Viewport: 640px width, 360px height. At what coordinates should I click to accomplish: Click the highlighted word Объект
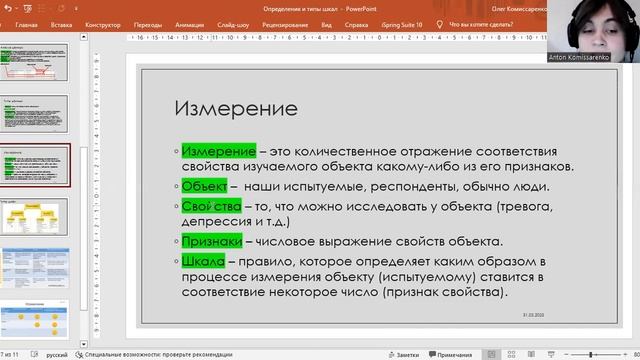tap(205, 185)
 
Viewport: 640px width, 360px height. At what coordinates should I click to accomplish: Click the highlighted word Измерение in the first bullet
tap(218, 150)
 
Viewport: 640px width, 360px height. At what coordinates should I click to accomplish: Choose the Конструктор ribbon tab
tap(103, 24)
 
